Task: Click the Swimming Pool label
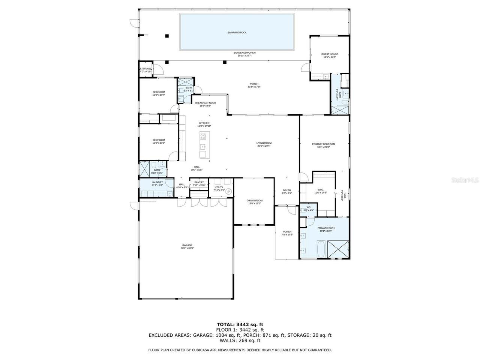click(x=237, y=33)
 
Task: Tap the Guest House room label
click(x=329, y=54)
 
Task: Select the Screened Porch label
click(x=244, y=53)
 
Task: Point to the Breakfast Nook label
click(x=205, y=103)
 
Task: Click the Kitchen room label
click(x=204, y=123)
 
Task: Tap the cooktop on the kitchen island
click(x=203, y=136)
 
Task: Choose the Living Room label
click(x=264, y=143)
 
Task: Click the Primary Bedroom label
click(x=323, y=144)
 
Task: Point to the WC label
click(x=308, y=207)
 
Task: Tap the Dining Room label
click(x=255, y=201)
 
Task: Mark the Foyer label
click(x=286, y=190)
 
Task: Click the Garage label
click(x=187, y=245)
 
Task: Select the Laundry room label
click(x=157, y=182)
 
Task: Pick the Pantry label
click(x=199, y=183)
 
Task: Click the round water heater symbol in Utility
click(x=228, y=192)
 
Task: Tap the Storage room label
click(x=145, y=69)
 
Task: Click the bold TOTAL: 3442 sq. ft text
click(x=240, y=324)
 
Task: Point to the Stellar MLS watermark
click(x=465, y=180)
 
